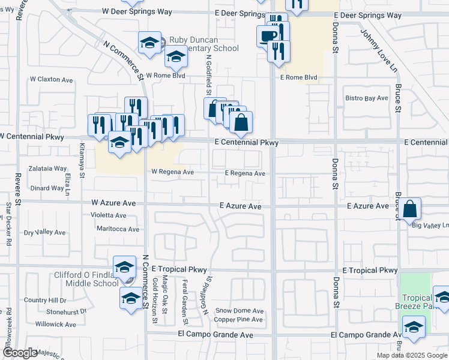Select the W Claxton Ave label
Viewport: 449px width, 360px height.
pos(51,80)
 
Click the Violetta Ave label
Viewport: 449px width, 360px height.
pos(108,215)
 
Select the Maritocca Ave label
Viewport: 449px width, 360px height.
pos(118,229)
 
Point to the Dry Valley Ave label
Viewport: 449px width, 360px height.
pos(44,232)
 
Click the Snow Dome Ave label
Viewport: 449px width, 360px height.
pos(240,311)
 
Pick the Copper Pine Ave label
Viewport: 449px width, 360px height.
pos(238,320)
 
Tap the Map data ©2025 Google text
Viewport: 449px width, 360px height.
pos(411,355)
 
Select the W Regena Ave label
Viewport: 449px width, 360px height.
pos(172,172)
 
